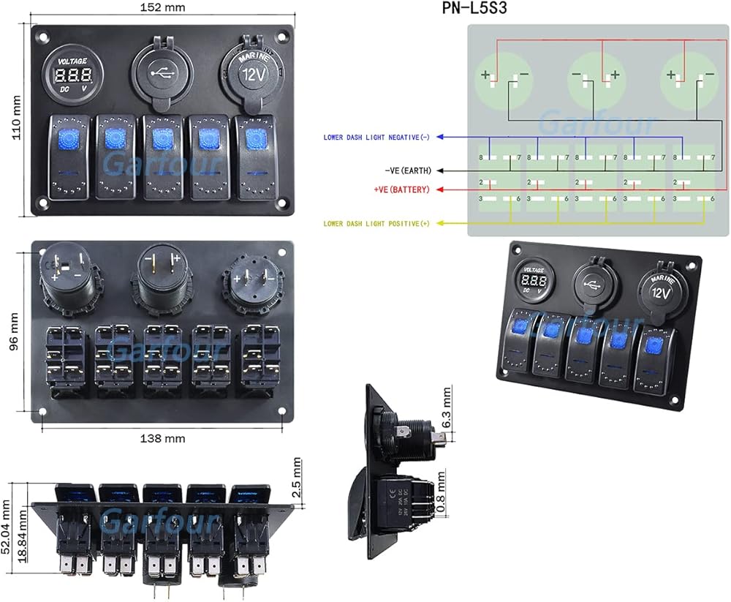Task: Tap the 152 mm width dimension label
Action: [x=162, y=8]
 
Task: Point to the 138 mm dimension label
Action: [x=162, y=439]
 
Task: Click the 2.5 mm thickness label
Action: [x=297, y=478]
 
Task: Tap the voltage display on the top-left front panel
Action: [x=73, y=76]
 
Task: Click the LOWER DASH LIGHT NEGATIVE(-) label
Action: [x=377, y=138]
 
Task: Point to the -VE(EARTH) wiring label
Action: [x=407, y=170]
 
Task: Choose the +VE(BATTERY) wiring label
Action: [x=401, y=189]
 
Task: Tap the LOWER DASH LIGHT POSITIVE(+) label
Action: [x=377, y=223]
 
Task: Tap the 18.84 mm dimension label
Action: [x=23, y=533]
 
